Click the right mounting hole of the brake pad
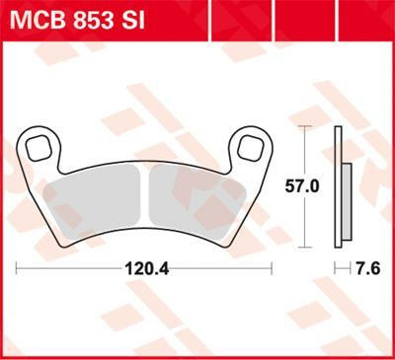pos(248,148)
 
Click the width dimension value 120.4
pos(145,267)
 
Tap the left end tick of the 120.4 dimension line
pos(18,267)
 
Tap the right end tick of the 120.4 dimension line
pos(272,267)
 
